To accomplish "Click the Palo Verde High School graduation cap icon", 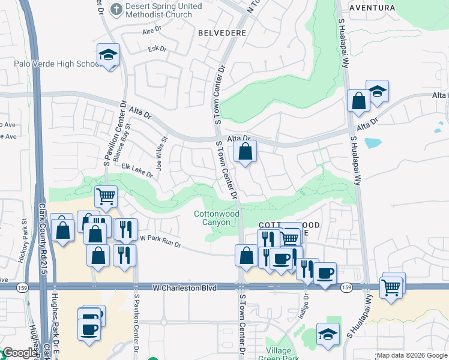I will tap(109, 55).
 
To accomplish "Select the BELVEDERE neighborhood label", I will tap(220, 33).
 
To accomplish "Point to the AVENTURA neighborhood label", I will tap(372, 8).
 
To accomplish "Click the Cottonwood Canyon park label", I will tap(216, 218).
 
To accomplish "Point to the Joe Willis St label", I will tap(161, 155).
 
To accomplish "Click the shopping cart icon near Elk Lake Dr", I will tap(106, 196).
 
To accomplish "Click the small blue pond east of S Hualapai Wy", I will tap(372, 143).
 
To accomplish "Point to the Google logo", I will tap(19, 353).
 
